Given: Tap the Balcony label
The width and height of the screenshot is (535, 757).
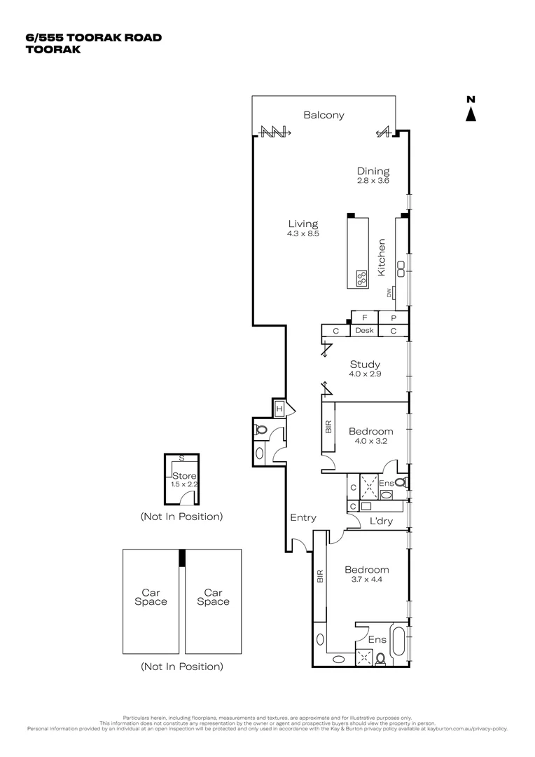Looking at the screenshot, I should coord(324,116).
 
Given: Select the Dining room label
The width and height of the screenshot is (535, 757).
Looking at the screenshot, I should coord(373,171).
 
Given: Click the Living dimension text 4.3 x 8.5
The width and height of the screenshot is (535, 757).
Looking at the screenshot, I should coord(302,234).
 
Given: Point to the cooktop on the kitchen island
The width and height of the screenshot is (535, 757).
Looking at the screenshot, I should coord(361,278).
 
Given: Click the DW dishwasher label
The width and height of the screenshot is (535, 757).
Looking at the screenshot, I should coord(389,294).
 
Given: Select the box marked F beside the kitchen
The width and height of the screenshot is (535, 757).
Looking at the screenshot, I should coord(364,318).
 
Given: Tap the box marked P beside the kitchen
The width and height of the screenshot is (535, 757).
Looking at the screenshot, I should coord(393,318).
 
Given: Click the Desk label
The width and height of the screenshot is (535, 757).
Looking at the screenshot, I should coord(364,331).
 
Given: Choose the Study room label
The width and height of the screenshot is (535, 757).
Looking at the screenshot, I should coord(365,364).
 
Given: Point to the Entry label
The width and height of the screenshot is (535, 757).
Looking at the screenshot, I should coord(303,518).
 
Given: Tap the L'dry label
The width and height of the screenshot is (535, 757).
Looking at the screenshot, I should coord(380,521).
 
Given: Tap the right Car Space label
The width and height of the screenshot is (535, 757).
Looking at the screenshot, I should coord(213,597).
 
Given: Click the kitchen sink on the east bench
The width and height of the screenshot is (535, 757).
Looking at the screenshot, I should coord(401,265).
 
